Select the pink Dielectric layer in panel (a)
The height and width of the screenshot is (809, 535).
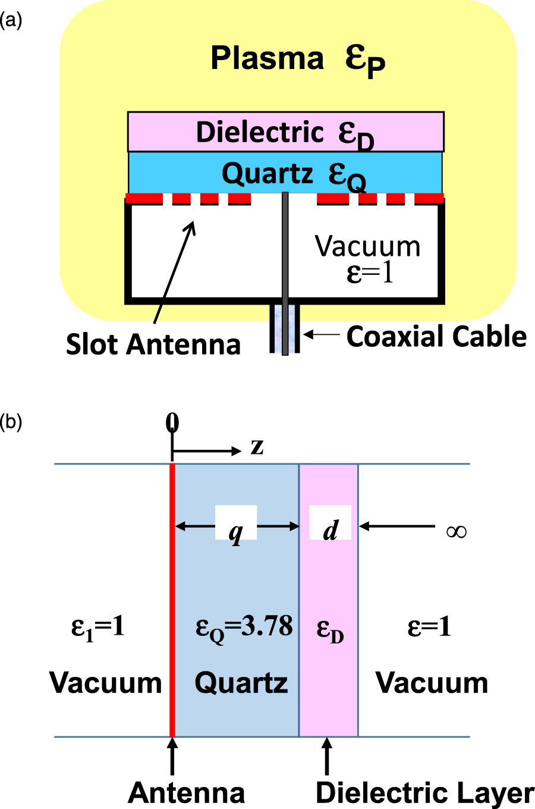tap(285, 132)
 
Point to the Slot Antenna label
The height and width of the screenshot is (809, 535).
tap(153, 344)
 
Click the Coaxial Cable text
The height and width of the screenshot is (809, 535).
tap(436, 337)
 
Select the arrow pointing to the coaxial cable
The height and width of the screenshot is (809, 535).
tap(321, 335)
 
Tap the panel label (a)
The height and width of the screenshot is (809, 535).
tap(11, 21)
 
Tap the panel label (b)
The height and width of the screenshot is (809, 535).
tap(11, 422)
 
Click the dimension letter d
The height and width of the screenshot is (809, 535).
tap(331, 528)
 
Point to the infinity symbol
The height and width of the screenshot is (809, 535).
tap(456, 531)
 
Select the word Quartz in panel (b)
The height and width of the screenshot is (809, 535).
tap(241, 682)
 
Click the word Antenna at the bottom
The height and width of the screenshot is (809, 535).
tap(186, 792)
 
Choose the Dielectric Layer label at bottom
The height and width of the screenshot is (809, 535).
tap(424, 792)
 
